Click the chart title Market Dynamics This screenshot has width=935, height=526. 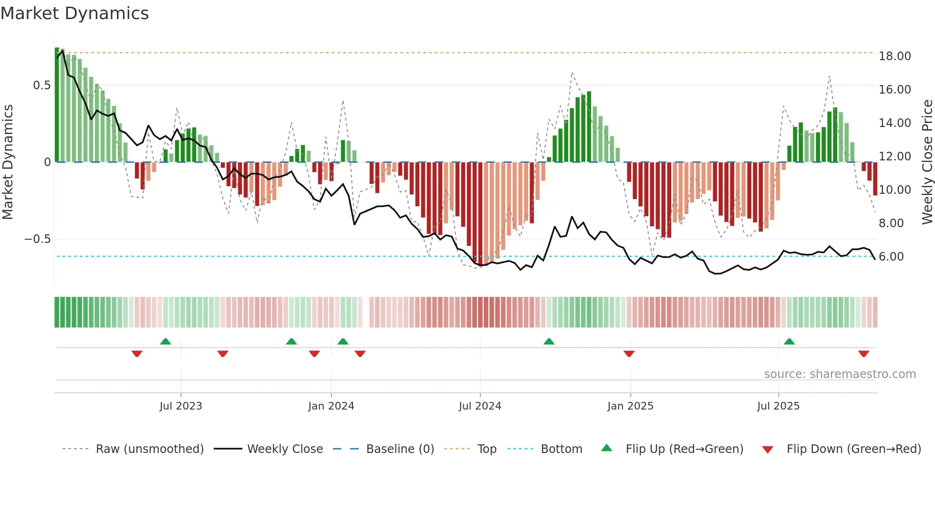click(74, 13)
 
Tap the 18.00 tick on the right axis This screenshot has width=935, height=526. click(894, 56)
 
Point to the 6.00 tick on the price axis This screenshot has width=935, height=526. click(891, 257)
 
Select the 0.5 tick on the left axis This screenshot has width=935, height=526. click(42, 85)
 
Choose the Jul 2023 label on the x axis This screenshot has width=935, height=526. click(181, 406)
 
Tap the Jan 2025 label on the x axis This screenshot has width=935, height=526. click(630, 406)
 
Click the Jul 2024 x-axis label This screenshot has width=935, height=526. click(480, 406)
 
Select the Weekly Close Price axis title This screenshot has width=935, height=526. click(927, 162)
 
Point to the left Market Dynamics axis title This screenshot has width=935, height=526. click(8, 162)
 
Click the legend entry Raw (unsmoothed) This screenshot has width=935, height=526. click(149, 449)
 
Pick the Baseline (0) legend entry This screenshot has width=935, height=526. click(400, 449)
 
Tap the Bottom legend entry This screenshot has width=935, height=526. click(561, 449)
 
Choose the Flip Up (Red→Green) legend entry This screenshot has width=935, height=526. click(684, 449)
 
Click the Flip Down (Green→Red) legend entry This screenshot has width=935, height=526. click(853, 449)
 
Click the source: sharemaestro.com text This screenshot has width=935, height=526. click(840, 374)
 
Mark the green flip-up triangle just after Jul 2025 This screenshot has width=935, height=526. click(789, 341)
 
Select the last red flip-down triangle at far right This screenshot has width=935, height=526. click(863, 354)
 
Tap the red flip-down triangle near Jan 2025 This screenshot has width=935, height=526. click(629, 354)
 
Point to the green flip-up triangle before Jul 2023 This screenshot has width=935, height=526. click(166, 341)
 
